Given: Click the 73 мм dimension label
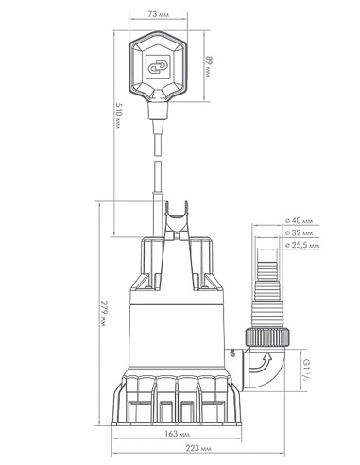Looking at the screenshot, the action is point(158,14).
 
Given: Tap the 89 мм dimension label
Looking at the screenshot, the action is point(209,66).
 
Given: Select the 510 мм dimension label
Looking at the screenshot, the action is point(118,115).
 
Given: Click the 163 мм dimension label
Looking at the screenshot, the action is point(177,434).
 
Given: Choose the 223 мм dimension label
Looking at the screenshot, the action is point(198,448).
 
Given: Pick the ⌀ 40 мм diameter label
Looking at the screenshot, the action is point(300,220).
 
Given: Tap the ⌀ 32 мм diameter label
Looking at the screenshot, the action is point(300,232).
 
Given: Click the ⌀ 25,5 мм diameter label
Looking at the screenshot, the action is point(302,245).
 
